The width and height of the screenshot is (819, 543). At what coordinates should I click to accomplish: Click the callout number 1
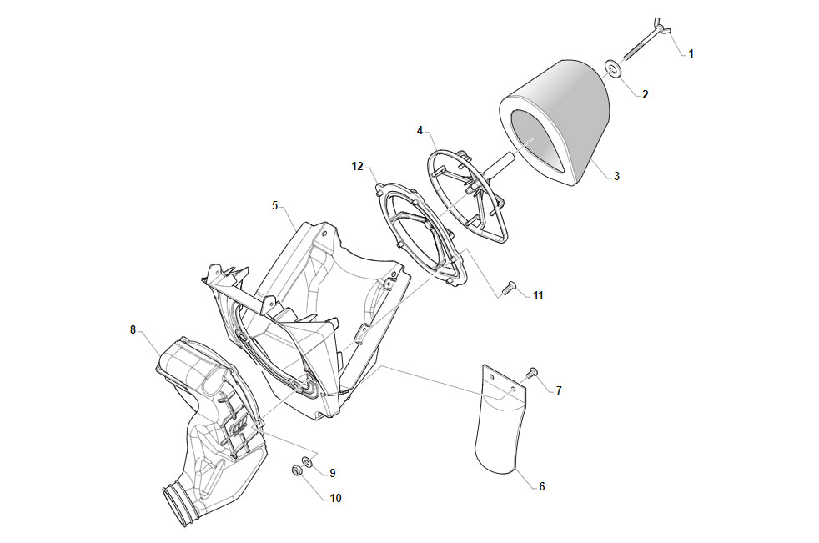pos(691,54)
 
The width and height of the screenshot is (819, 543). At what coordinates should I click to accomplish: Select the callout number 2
pos(645,94)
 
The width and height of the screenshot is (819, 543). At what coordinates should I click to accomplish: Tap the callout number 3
pos(616,176)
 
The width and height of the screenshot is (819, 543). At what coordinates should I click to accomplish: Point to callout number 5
pos(274,205)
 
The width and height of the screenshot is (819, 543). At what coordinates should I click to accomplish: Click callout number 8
pos(133,329)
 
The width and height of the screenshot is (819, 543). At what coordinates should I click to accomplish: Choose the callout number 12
pos(357,166)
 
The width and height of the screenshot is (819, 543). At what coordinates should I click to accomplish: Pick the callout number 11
pos(538,296)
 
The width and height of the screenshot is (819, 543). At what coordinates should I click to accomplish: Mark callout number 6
pos(541,486)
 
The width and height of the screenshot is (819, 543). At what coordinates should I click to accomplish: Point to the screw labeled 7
pos(532,373)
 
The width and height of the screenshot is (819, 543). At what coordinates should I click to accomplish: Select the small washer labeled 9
pos(308,462)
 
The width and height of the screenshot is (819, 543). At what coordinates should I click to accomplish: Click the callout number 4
pos(420,131)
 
